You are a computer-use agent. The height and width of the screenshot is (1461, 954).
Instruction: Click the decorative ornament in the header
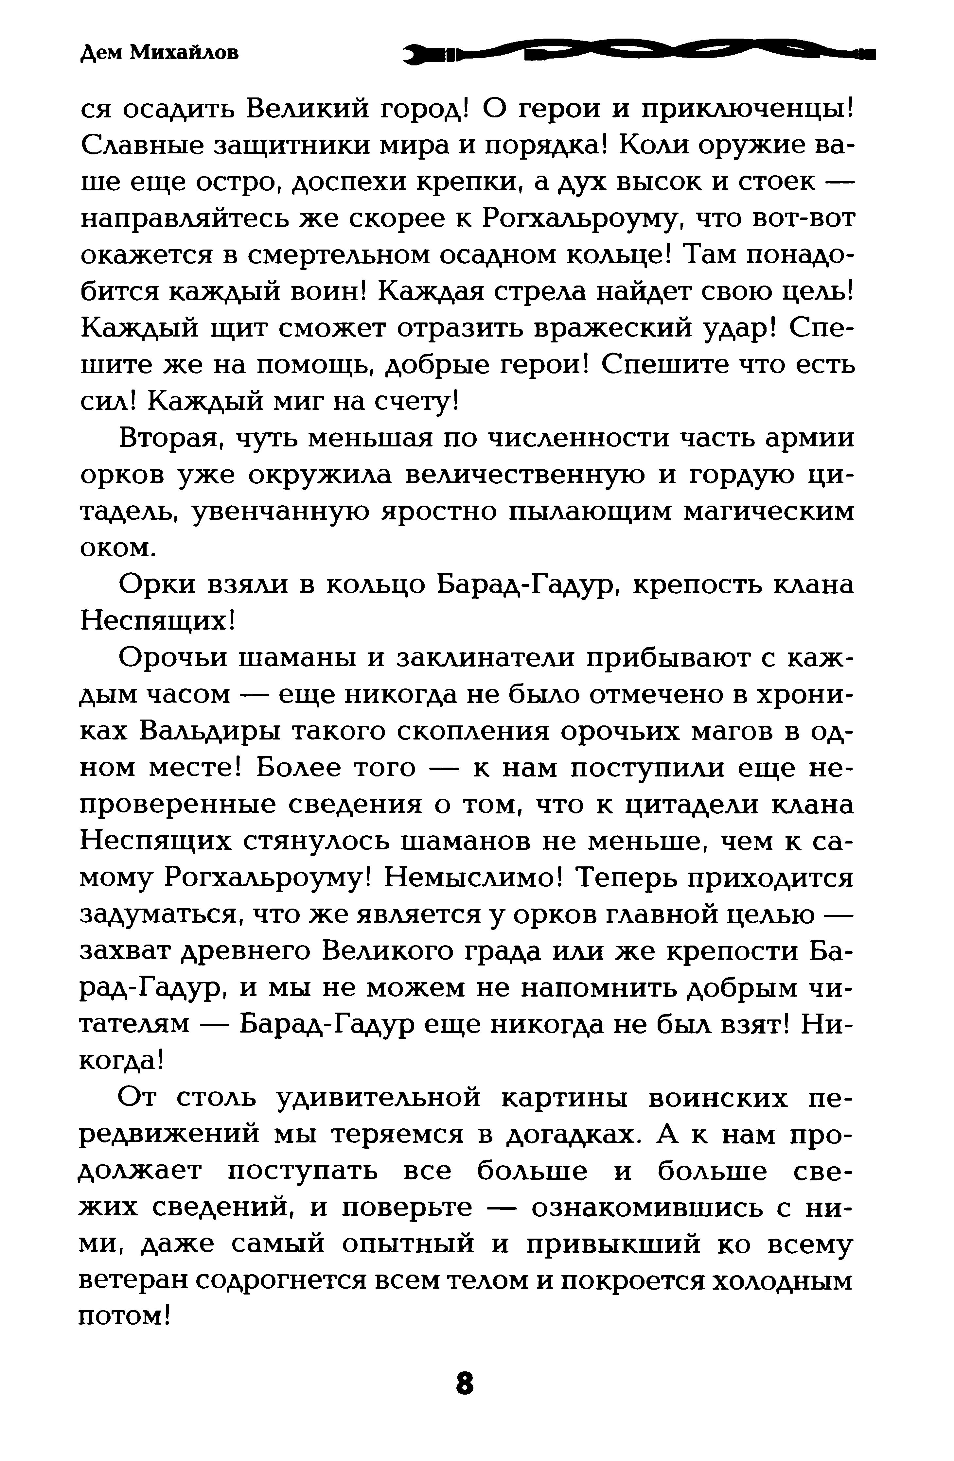[x=639, y=54]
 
